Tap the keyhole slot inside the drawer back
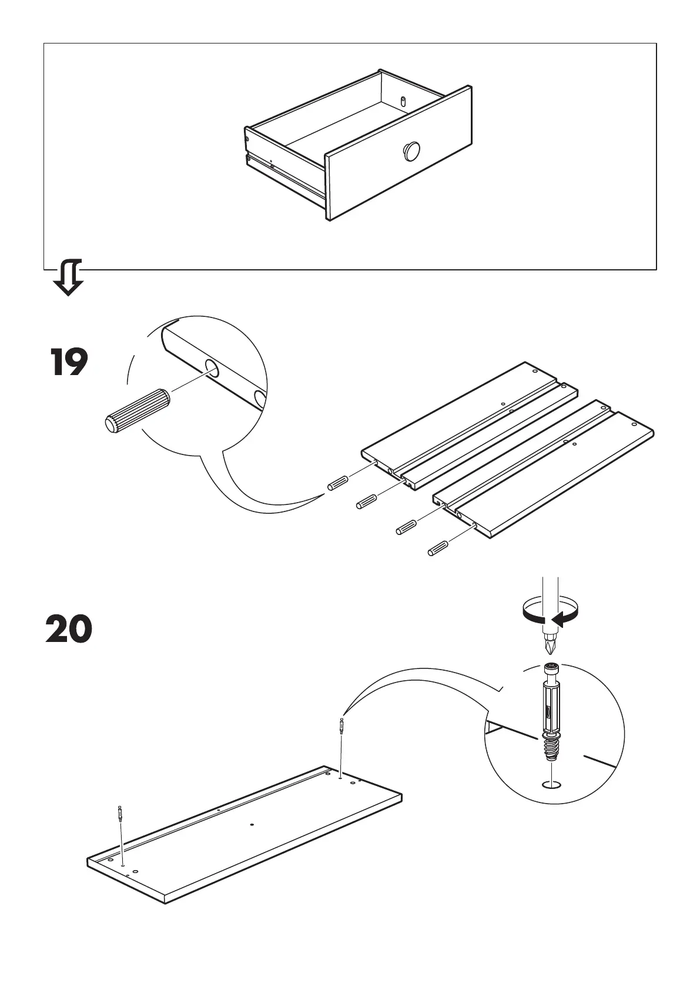(x=403, y=101)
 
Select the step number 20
(x=69, y=630)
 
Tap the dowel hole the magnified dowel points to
(x=212, y=369)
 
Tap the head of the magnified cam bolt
(x=550, y=670)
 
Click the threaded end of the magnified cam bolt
(x=550, y=750)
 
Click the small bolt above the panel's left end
(x=120, y=814)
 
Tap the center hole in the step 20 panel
(x=251, y=824)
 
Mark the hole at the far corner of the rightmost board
(x=634, y=424)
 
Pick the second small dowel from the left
(x=367, y=501)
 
